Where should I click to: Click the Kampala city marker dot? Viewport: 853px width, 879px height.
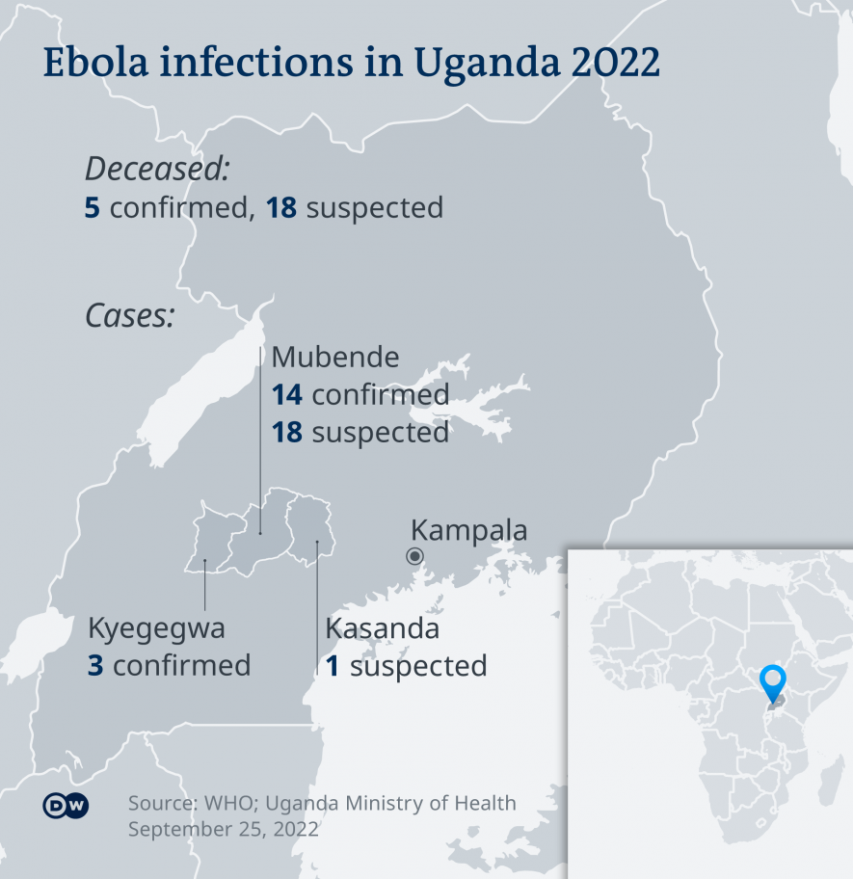[x=415, y=555]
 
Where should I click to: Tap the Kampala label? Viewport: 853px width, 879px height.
[x=469, y=530]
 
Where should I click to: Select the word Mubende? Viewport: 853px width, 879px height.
[x=335, y=358]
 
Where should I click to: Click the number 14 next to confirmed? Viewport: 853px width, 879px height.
[x=287, y=395]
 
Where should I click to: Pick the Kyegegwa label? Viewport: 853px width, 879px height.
[x=156, y=628]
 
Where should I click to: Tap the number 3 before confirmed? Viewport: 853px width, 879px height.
[x=94, y=665]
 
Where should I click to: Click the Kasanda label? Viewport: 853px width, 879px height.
[x=382, y=628]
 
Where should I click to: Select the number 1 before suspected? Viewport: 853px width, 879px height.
[x=333, y=665]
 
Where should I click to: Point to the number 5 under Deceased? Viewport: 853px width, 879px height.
[x=93, y=207]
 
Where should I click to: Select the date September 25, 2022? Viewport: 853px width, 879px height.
[x=224, y=829]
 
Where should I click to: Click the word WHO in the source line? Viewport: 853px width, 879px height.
[x=230, y=803]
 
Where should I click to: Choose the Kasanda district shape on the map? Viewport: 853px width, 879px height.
[x=310, y=525]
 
